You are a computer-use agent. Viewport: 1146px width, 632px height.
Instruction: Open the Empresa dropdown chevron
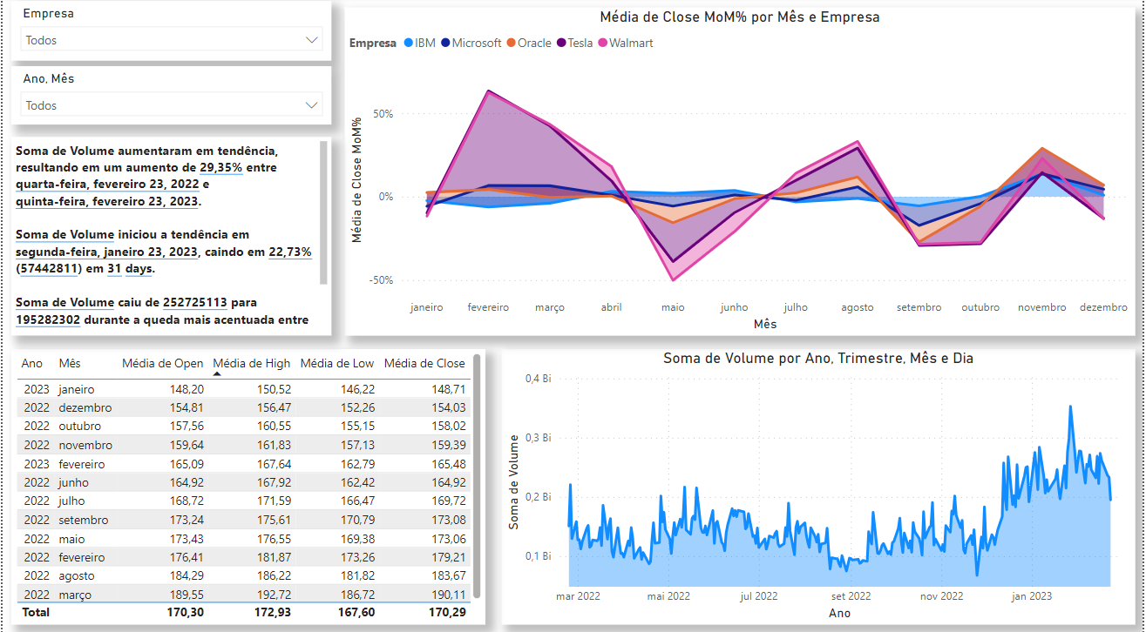312,40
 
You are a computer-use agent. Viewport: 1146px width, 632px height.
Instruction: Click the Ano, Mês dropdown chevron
312,105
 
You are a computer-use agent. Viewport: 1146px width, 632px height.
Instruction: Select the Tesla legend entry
580,43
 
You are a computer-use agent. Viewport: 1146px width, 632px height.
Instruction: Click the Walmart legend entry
630,43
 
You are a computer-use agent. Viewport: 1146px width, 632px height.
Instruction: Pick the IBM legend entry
424,43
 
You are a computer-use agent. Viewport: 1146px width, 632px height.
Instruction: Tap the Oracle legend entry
533,43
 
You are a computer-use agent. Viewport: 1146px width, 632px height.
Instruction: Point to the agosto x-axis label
857,307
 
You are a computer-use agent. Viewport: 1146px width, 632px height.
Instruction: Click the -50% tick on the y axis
382,280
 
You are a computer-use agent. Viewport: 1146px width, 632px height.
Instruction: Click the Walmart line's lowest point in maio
673,279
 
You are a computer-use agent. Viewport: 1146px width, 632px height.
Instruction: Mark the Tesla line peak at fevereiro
488,91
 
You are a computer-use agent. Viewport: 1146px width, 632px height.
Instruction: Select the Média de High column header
252,363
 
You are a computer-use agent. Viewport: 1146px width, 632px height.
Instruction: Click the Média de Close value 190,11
448,595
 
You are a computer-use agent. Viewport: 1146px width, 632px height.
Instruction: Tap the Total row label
36,612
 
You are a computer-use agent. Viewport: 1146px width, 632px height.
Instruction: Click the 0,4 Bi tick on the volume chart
538,379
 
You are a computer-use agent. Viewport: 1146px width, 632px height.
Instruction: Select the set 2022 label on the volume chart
851,596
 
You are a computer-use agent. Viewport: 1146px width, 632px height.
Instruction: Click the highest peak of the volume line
1071,406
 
